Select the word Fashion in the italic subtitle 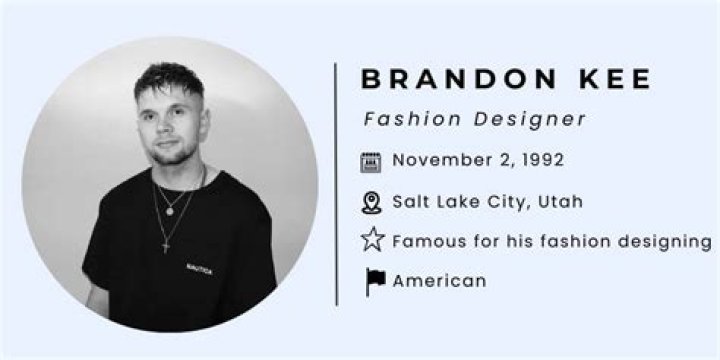click(405, 119)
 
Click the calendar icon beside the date click(372, 162)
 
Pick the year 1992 click(539, 160)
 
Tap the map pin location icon click(372, 203)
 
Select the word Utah click(560, 202)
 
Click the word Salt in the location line click(411, 202)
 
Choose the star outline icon click(372, 241)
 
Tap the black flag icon click(374, 281)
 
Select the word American click(439, 281)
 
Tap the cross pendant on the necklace click(166, 244)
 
